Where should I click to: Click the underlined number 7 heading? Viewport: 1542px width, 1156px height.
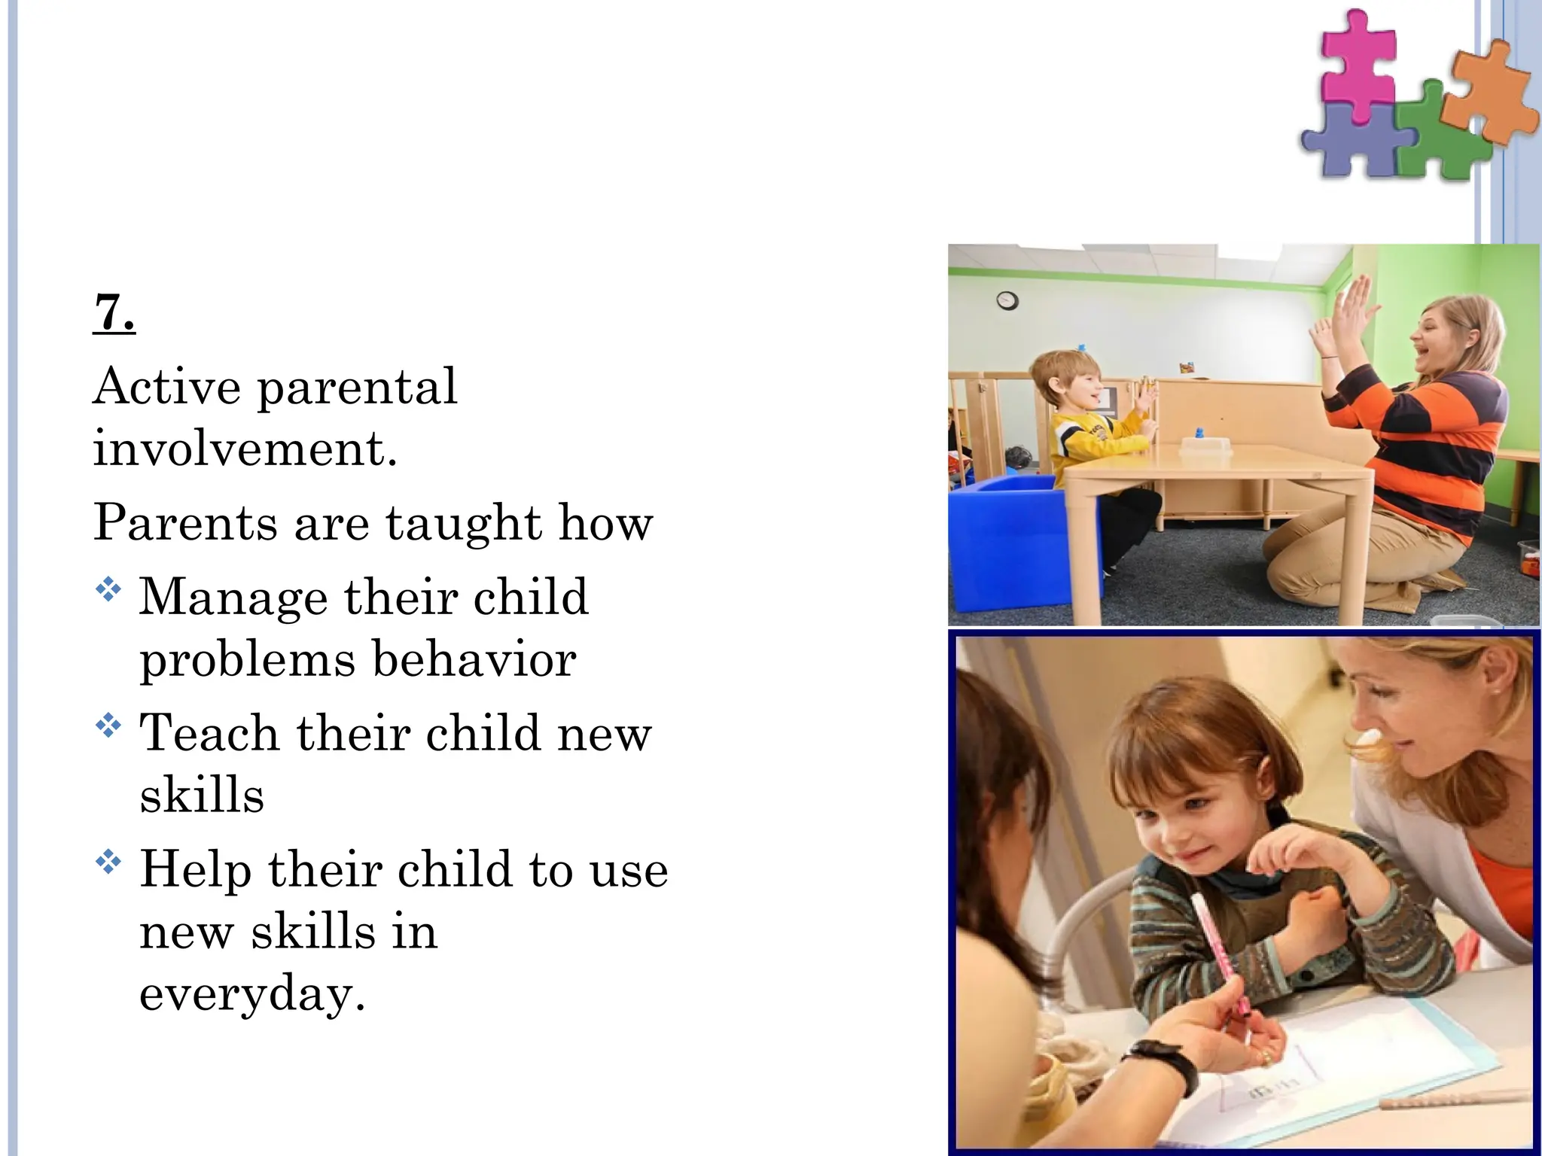114,312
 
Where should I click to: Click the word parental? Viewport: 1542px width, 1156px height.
357,388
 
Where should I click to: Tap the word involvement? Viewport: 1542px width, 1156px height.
245,449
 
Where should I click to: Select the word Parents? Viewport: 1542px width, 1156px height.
185,522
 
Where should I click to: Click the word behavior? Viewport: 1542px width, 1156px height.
474,660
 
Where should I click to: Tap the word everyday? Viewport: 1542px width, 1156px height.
252,993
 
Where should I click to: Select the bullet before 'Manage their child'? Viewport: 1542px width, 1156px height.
108,589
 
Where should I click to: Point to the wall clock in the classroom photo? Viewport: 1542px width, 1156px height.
1007,301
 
